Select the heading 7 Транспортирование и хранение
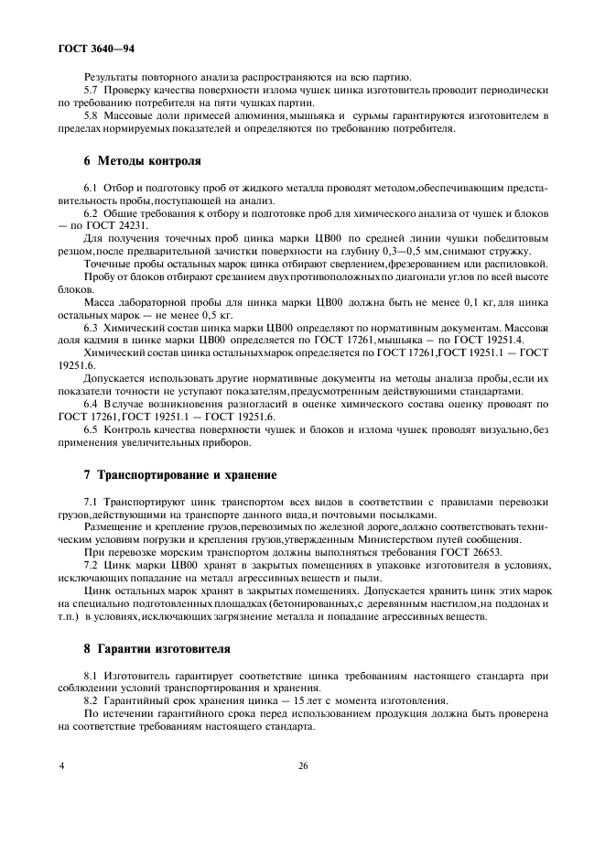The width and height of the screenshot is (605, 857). (179, 475)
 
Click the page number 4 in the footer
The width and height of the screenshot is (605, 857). (61, 791)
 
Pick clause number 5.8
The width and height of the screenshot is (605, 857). (91, 117)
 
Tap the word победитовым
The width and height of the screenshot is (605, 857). (510, 238)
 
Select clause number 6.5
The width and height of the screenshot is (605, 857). (91, 429)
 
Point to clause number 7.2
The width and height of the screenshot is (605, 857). (91, 565)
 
